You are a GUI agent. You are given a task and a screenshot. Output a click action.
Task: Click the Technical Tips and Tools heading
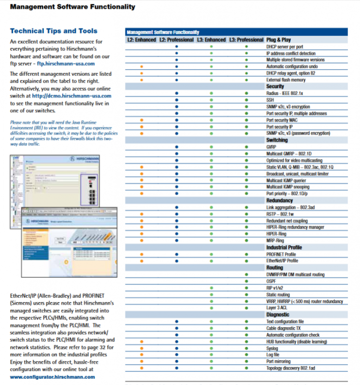[x=53, y=31]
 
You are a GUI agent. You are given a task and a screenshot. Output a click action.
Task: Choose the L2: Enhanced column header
[x=141, y=39]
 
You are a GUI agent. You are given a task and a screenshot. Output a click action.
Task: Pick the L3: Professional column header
[x=246, y=39]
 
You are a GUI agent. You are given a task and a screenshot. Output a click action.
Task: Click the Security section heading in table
[x=275, y=87]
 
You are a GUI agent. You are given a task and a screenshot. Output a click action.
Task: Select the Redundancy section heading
[x=280, y=200]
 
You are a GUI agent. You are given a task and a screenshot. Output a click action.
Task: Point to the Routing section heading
[x=275, y=268]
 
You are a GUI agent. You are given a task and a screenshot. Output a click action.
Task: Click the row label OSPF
[x=272, y=282]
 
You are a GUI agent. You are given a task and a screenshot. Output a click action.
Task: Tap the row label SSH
[x=270, y=100]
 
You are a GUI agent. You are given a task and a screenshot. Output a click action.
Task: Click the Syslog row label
[x=273, y=348]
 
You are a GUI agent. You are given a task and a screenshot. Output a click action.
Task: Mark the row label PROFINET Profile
[x=281, y=254]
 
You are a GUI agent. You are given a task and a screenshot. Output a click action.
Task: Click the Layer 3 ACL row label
[x=277, y=308]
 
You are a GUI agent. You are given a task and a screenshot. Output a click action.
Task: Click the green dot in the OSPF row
[x=246, y=282]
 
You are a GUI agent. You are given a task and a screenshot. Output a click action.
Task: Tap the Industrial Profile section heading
[x=284, y=247]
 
